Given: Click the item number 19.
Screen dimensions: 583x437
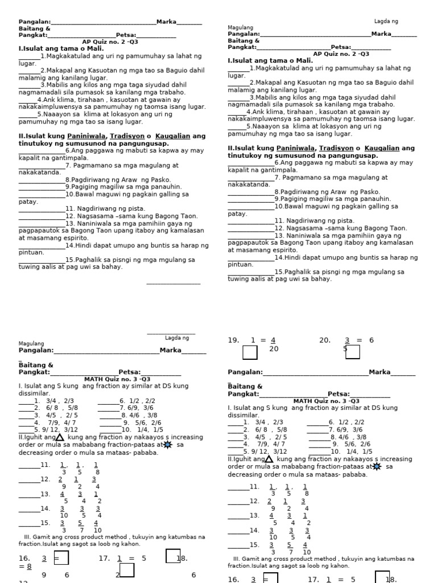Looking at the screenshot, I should tap(233, 340).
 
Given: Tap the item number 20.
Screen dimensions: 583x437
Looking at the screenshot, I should tap(324, 340).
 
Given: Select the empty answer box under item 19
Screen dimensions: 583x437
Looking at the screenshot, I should tap(250, 353).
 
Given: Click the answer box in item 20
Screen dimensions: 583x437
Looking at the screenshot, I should tap(353, 352).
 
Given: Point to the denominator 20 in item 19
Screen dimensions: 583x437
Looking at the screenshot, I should tap(274, 349).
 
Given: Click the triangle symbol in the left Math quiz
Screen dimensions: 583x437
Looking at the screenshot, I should tap(60, 437).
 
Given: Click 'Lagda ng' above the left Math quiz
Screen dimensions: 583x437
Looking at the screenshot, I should tap(176, 338).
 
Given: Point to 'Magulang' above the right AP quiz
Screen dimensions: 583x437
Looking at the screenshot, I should tap(240, 27).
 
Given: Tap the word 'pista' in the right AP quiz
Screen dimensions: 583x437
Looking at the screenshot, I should tap(345, 220).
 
